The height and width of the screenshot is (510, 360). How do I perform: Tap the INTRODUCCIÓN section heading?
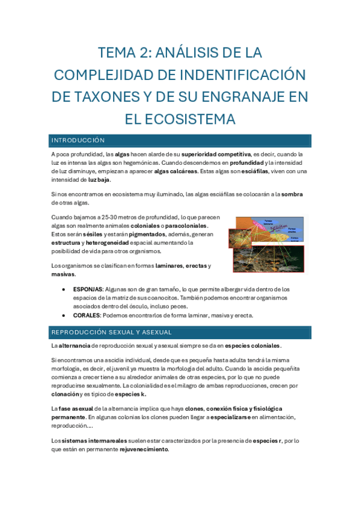pyautogui.click(x=78, y=140)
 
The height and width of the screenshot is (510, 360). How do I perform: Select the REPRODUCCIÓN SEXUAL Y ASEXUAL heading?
pyautogui.click(x=111, y=332)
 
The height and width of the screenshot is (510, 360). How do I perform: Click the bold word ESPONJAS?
pyautogui.click(x=88, y=289)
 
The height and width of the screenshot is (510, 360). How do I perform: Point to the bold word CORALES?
pyautogui.click(x=87, y=315)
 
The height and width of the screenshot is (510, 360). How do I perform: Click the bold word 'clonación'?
pyautogui.click(x=66, y=394)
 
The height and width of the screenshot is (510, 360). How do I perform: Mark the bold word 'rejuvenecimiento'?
pyautogui.click(x=144, y=449)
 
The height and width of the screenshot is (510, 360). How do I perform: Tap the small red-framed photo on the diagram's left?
pyautogui.click(x=239, y=238)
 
